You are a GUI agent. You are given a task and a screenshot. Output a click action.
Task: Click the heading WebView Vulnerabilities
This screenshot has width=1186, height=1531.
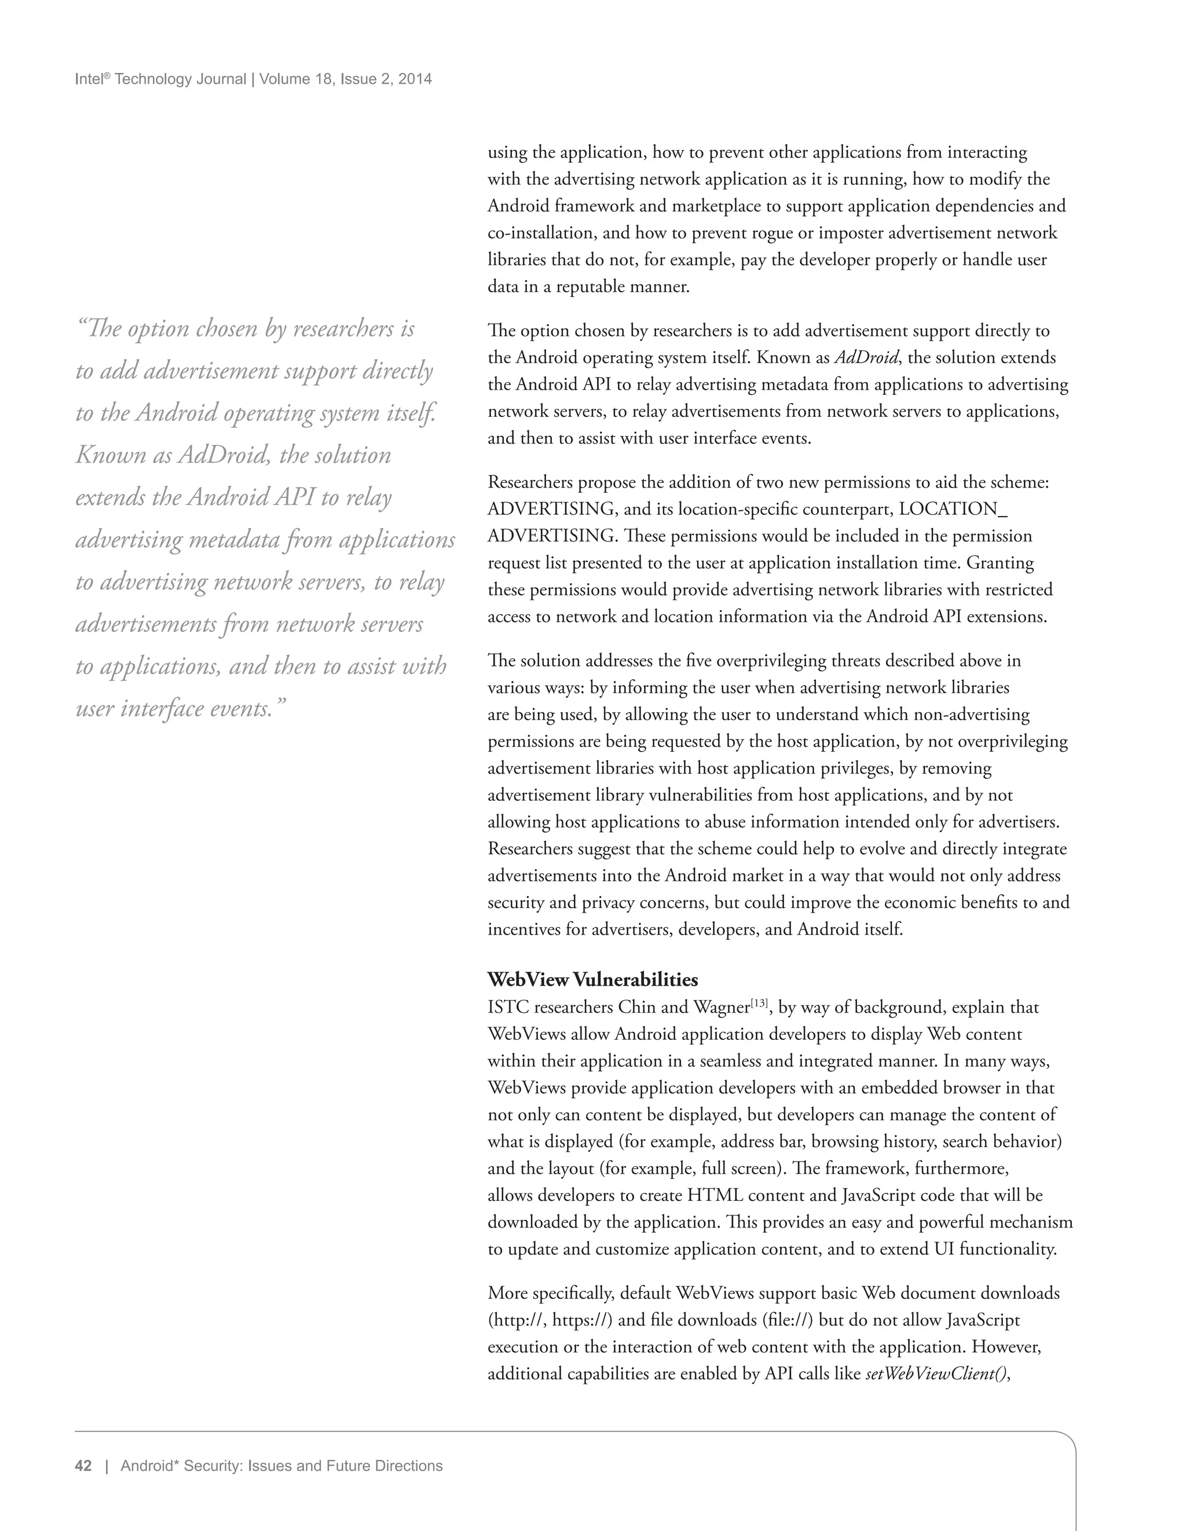(x=592, y=979)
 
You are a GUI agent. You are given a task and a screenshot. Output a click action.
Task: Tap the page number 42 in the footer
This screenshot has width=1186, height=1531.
(x=83, y=1466)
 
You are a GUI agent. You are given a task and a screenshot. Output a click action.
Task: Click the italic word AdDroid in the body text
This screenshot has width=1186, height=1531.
(x=866, y=357)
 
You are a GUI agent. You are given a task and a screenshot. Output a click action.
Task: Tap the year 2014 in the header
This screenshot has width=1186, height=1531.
(x=415, y=79)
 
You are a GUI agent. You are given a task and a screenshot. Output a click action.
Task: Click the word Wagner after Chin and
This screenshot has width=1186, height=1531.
(x=722, y=1008)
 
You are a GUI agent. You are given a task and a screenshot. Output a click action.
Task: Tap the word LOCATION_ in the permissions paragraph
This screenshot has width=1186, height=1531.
(x=953, y=509)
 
